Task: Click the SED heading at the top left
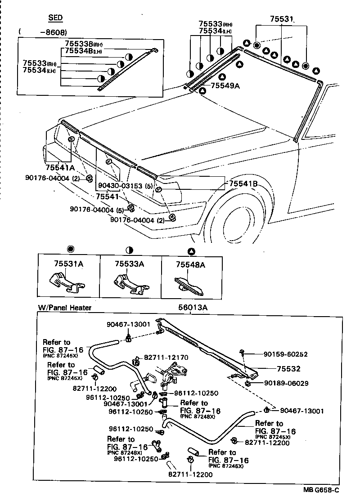tap(55, 18)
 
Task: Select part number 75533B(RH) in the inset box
tap(84, 44)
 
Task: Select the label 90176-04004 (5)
tap(97, 210)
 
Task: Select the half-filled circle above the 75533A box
tap(130, 250)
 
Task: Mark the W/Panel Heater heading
tap(65, 308)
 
